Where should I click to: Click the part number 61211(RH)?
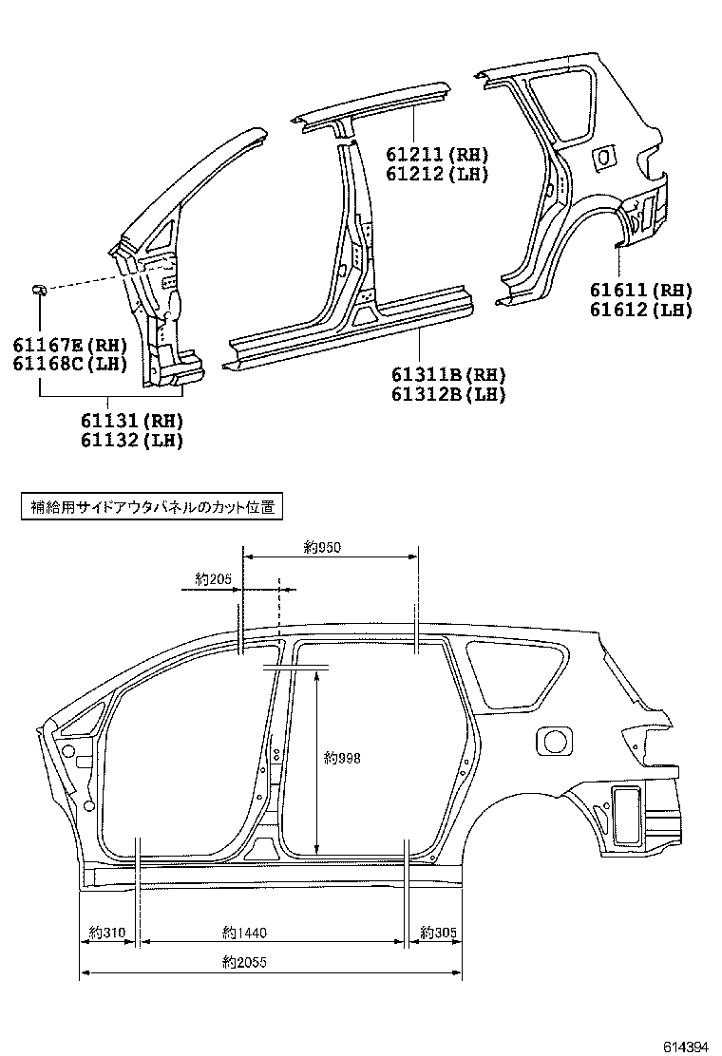tap(437, 155)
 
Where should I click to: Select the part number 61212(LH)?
tap(437, 174)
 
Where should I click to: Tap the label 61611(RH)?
tap(640, 291)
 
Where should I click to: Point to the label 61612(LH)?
tap(640, 310)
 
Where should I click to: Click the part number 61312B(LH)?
tap(448, 394)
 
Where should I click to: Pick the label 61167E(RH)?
tap(70, 345)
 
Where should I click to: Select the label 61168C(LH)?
tap(70, 364)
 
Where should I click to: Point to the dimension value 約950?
tap(322, 547)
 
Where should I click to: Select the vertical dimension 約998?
tap(342, 758)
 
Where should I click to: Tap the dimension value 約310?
tap(107, 933)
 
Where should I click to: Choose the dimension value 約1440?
tap(242, 933)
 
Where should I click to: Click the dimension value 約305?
tap(438, 933)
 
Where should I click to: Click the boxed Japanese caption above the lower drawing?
tap(151, 507)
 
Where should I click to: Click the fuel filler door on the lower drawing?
tap(555, 740)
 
